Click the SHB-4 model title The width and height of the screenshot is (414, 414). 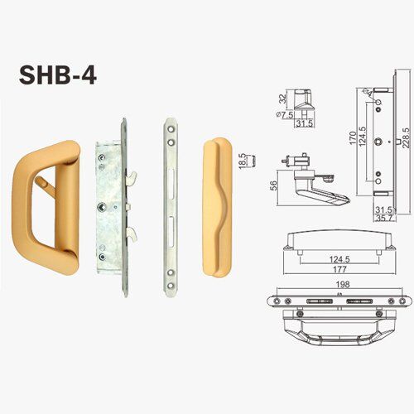58,75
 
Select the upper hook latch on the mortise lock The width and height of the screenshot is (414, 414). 132,176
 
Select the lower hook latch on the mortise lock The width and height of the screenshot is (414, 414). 132,233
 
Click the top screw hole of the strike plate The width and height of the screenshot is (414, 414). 171,129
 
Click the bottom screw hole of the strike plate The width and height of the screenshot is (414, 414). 171,285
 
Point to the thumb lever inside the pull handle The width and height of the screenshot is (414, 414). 45,185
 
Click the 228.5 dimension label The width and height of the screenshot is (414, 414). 406,138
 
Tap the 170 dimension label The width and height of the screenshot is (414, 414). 353,138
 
